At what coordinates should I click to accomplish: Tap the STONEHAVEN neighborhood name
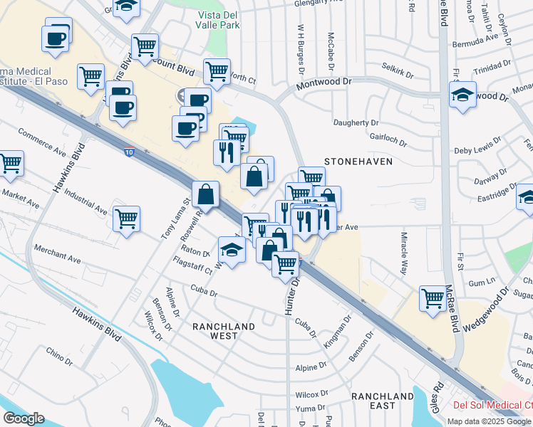click(x=358, y=162)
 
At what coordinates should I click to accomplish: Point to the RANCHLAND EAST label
click(x=383, y=401)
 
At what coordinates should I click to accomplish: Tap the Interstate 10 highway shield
click(x=128, y=151)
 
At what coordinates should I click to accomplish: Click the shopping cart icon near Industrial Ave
click(x=126, y=219)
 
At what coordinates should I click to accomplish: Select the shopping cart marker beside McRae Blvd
click(x=433, y=298)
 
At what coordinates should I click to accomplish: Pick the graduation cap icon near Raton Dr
click(x=231, y=250)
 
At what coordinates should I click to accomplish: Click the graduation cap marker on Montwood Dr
click(x=462, y=94)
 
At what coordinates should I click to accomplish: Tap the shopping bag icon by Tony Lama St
click(x=205, y=193)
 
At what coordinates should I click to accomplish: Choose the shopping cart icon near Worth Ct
click(x=217, y=71)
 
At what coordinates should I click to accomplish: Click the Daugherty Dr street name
click(x=359, y=122)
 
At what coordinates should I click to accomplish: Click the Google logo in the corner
click(x=24, y=418)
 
